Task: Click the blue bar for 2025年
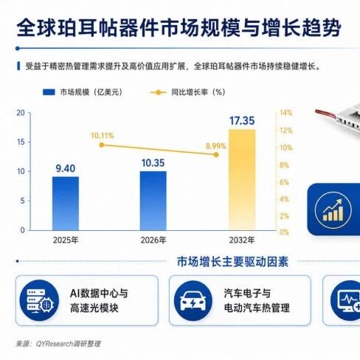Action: point(66,204)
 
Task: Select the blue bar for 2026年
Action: point(153,201)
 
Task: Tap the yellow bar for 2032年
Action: point(242,180)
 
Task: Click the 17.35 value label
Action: point(242,121)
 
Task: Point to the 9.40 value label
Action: point(66,168)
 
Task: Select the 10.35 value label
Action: point(153,163)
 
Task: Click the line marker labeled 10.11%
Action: point(102,145)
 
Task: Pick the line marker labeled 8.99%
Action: point(216,155)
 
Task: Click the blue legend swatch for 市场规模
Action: point(49,92)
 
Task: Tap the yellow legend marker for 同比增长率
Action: point(158,92)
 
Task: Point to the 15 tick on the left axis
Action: point(21,142)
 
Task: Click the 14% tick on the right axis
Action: point(285,113)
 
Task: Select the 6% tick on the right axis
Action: point(284,182)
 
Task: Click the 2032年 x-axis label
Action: point(242,240)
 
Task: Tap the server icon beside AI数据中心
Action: point(39,301)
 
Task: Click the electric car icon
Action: point(193,301)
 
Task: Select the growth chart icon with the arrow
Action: point(333,210)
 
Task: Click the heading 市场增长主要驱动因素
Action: point(232,262)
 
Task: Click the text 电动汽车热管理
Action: point(257,308)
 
